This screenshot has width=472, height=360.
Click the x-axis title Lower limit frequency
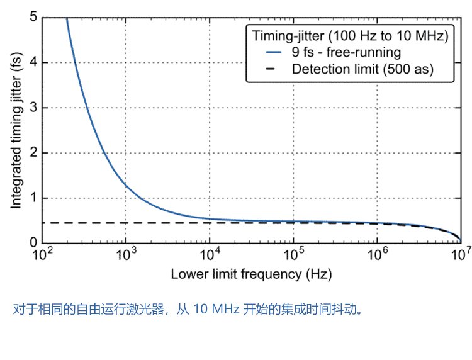pos(251,274)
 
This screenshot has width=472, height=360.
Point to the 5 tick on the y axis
pos(33,17)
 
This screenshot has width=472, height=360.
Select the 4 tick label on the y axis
pos(33,62)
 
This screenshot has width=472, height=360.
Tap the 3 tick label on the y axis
pos(33,108)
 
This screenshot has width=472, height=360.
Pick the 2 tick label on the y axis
pos(33,153)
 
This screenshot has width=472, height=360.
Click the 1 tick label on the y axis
pos(33,198)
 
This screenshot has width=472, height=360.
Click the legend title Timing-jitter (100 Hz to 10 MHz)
pos(349,36)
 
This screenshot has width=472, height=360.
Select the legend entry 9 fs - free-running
pos(346,52)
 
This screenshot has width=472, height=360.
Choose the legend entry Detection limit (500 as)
pos(362,69)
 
